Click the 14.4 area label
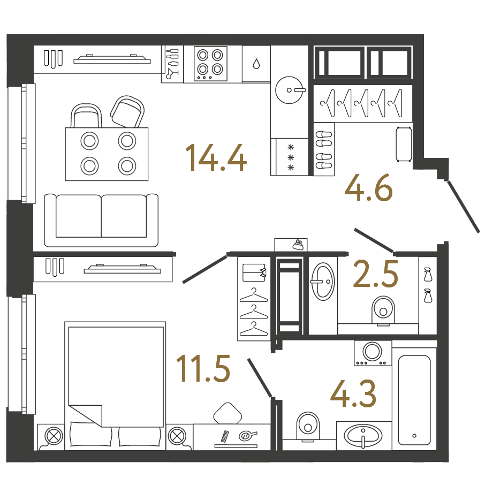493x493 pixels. coord(216,157)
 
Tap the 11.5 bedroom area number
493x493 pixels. coord(203,368)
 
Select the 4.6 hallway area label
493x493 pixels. coord(369,188)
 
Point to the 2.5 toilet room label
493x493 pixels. coord(376,274)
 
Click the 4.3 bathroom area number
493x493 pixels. coord(353,393)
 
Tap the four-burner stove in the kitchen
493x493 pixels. coord(210,64)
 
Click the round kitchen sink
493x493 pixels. coord(290,90)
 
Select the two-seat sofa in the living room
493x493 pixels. coord(101,220)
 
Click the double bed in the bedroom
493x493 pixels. coord(115,386)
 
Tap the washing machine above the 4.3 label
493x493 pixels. coord(373,353)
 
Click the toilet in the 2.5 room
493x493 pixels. coord(383,310)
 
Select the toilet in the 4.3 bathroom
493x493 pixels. coord(308,426)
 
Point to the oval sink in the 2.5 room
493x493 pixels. coord(322,282)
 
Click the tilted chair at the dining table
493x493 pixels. coord(127,112)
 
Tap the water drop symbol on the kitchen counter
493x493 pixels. coord(256,64)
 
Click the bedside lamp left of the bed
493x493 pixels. coord(54,436)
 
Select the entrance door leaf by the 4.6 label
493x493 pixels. coord(464,207)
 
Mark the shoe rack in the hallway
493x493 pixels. coord(323,149)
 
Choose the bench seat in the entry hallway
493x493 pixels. coord(404,145)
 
